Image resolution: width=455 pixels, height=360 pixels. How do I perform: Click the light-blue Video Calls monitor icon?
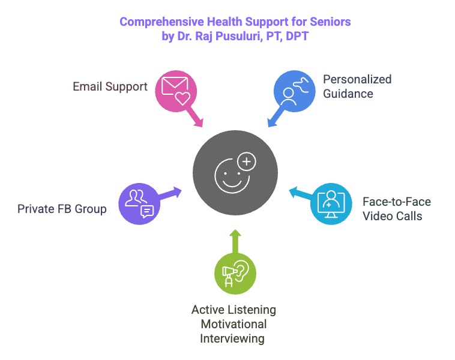tap(331, 204)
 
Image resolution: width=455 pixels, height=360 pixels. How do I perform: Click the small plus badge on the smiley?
tap(246, 161)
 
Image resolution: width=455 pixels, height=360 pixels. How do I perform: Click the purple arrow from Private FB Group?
tap(170, 193)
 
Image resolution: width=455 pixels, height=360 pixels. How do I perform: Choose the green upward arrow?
tap(235, 240)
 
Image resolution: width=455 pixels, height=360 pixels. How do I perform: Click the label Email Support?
tap(110, 86)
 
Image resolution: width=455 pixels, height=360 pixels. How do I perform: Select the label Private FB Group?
tap(62, 209)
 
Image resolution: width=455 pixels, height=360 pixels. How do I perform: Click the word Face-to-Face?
tap(396, 202)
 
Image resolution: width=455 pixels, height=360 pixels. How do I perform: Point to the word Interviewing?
tap(232, 339)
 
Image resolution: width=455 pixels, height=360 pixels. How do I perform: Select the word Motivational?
tap(234, 324)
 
